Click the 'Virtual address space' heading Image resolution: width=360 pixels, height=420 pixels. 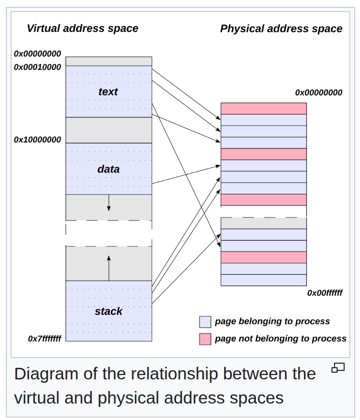coord(83,29)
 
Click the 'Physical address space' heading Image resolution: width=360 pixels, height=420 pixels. coord(281,29)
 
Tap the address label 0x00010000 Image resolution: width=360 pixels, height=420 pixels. coord(38,67)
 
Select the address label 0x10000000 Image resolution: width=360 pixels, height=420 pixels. coord(38,140)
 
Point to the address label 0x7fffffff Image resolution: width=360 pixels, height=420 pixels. coord(45,339)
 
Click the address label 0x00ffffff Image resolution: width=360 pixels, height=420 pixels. coord(325,293)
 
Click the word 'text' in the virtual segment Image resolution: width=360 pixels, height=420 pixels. coord(108,92)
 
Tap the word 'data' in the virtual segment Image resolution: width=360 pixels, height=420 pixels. coord(108,169)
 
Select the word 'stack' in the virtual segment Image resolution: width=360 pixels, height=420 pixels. coord(108,311)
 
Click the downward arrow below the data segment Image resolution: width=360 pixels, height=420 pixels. coord(109,203)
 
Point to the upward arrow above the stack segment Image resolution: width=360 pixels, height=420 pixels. coord(109,268)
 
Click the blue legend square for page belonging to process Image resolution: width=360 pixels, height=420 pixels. coord(205,322)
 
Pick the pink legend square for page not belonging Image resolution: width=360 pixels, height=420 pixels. coord(205,339)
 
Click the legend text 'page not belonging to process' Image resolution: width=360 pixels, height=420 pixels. coord(280,339)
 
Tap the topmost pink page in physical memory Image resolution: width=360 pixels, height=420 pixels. coord(263,108)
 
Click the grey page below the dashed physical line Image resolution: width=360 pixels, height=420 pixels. coord(263,223)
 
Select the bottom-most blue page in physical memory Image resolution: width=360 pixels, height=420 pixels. coord(263,280)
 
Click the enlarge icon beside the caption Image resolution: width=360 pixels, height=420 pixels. coord(338,368)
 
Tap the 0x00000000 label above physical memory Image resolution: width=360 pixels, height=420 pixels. coord(319,92)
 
